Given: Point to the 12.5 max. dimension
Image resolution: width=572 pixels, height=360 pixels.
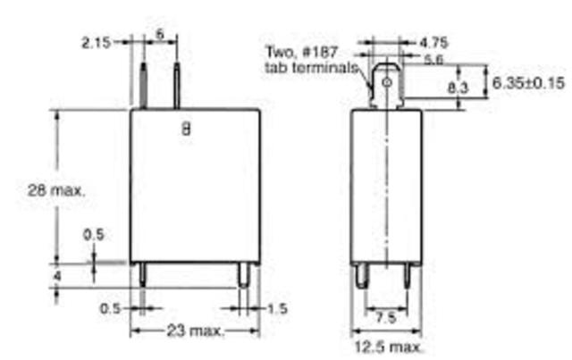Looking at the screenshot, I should pyautogui.click(x=385, y=345).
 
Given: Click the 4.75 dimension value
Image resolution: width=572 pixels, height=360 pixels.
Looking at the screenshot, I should pyautogui.click(x=433, y=41).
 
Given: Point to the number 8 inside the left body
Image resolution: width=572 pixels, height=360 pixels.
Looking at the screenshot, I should pyautogui.click(x=186, y=128).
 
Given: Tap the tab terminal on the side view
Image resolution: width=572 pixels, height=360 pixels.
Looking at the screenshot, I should pyautogui.click(x=384, y=85).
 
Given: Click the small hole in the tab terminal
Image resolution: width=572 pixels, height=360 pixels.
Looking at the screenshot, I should pyautogui.click(x=387, y=86).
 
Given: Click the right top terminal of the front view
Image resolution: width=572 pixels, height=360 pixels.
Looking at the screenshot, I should pyautogui.click(x=176, y=85).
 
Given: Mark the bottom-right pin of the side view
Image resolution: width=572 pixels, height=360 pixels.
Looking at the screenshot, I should pyautogui.click(x=408, y=275).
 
